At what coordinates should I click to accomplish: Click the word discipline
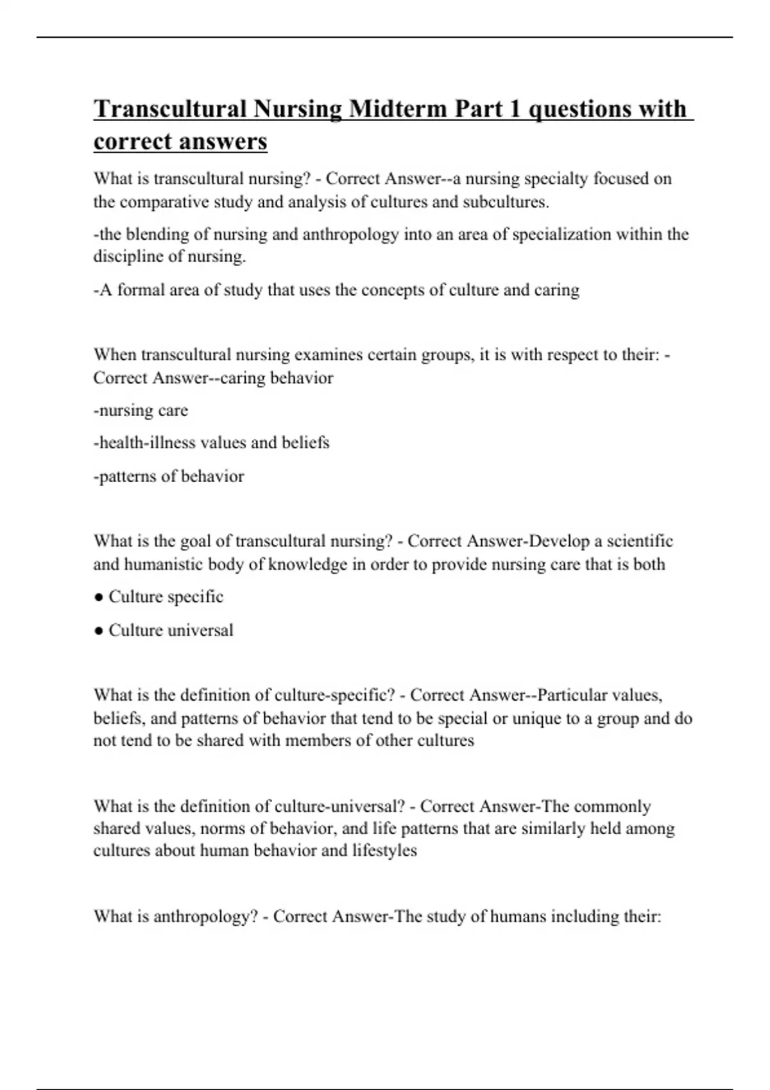click(x=128, y=256)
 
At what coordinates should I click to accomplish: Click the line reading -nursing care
click(x=141, y=410)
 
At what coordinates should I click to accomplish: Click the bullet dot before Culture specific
click(x=98, y=598)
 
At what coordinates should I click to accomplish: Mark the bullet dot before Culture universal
click(x=98, y=631)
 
